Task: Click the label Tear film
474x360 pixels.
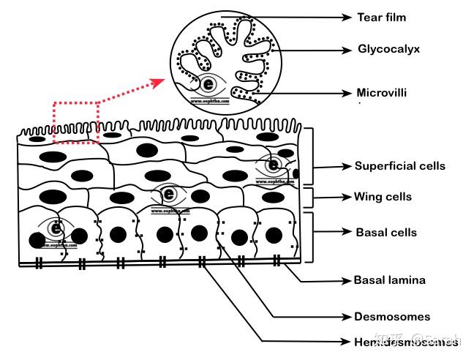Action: click(x=381, y=16)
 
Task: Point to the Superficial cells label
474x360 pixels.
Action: click(x=399, y=166)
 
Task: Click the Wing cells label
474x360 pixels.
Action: click(x=383, y=197)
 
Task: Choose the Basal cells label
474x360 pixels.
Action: click(x=385, y=233)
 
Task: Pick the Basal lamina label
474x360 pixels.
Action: click(x=389, y=280)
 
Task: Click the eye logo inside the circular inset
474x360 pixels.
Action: click(x=210, y=83)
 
